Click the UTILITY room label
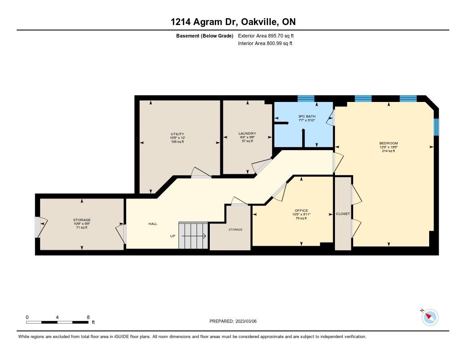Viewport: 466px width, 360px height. click(x=177, y=134)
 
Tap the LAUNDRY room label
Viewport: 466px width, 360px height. click(x=247, y=133)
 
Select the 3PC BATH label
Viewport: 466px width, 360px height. click(x=307, y=117)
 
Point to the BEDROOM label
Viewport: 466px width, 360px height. click(x=389, y=143)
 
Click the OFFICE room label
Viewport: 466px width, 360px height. click(x=301, y=210)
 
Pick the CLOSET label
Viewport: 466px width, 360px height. click(x=343, y=214)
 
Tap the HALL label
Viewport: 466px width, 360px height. click(x=153, y=224)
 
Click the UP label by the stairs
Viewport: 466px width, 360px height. click(x=172, y=236)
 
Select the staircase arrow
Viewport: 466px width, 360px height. click(x=194, y=236)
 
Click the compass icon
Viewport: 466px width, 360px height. click(x=430, y=317)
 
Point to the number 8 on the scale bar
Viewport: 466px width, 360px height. click(x=88, y=317)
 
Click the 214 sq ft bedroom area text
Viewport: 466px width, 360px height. click(x=389, y=151)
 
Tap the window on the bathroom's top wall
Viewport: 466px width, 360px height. click(x=306, y=99)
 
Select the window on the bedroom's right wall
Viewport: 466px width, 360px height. click(x=436, y=127)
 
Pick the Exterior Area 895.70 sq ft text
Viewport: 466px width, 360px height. click(x=266, y=35)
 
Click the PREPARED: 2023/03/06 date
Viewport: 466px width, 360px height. click(x=233, y=321)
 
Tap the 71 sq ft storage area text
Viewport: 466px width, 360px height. click(x=82, y=228)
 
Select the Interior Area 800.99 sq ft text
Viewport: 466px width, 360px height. click(x=265, y=43)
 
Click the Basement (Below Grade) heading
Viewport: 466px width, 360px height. click(x=205, y=36)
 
